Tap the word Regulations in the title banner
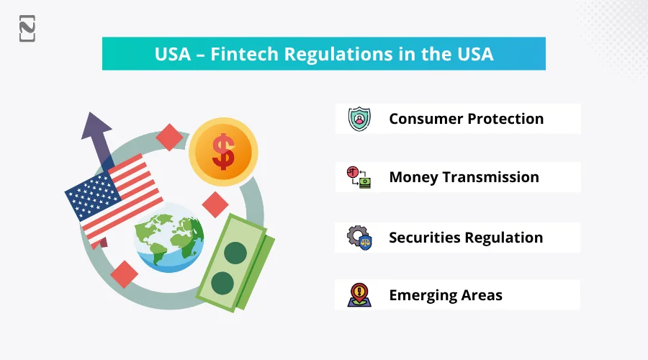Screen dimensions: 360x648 (332, 54)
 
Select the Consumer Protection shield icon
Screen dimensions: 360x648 (359, 119)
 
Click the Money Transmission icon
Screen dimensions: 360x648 (359, 177)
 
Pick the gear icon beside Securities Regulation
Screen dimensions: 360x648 (355, 235)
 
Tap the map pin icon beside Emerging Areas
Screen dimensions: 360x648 (359, 295)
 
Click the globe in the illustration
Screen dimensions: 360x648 (169, 238)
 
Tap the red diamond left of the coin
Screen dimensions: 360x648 (169, 137)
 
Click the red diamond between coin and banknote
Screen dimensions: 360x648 (215, 204)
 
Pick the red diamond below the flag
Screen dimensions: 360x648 (125, 274)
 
